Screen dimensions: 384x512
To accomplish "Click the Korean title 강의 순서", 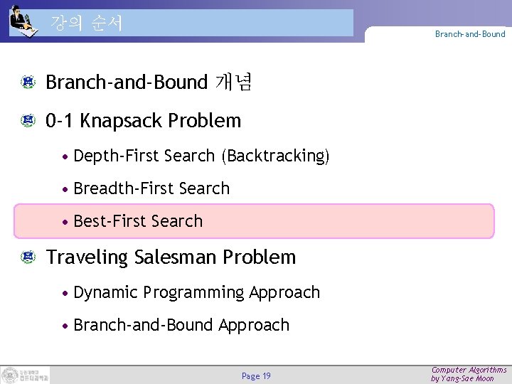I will [87, 23].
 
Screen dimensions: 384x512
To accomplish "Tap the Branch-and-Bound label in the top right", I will [470, 34].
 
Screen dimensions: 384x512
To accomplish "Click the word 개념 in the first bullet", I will [233, 83].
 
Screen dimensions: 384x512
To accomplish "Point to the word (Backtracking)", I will [275, 156].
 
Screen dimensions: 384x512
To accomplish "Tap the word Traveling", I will [86, 257].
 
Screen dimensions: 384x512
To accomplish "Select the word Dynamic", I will [105, 292].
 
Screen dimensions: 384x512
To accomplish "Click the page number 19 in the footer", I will [266, 376].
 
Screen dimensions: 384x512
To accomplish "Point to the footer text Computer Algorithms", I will [469, 370].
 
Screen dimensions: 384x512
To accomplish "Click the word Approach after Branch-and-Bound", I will [254, 325].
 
